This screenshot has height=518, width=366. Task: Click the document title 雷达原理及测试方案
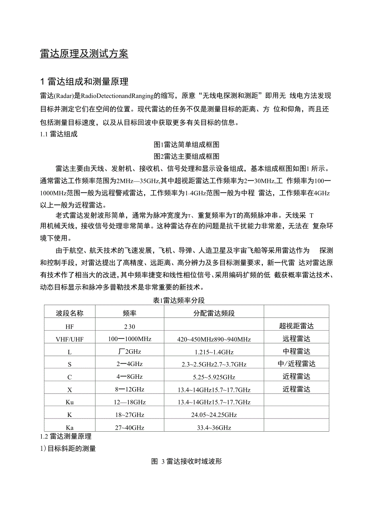(x=84, y=54)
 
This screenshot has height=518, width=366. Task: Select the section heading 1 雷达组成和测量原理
(x=84, y=82)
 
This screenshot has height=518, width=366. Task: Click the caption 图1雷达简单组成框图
(x=187, y=144)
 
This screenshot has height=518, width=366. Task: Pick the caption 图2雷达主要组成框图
(x=187, y=156)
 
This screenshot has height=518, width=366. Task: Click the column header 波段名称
(x=70, y=313)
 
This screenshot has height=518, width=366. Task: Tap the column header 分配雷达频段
(x=214, y=313)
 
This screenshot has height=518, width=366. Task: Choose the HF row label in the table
(x=70, y=327)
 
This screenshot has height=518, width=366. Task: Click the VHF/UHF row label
(x=70, y=339)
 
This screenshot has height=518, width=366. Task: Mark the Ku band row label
(x=70, y=402)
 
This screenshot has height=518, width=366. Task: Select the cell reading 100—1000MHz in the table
(x=130, y=339)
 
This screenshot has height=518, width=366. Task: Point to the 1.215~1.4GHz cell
(x=214, y=352)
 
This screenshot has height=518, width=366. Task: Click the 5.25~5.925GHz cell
(x=214, y=377)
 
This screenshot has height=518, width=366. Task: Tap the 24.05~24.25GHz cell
(x=214, y=415)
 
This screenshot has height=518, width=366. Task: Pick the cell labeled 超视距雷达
(x=296, y=326)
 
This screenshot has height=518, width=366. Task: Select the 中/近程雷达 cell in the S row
(x=296, y=364)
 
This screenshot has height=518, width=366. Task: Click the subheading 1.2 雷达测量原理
(x=66, y=436)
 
